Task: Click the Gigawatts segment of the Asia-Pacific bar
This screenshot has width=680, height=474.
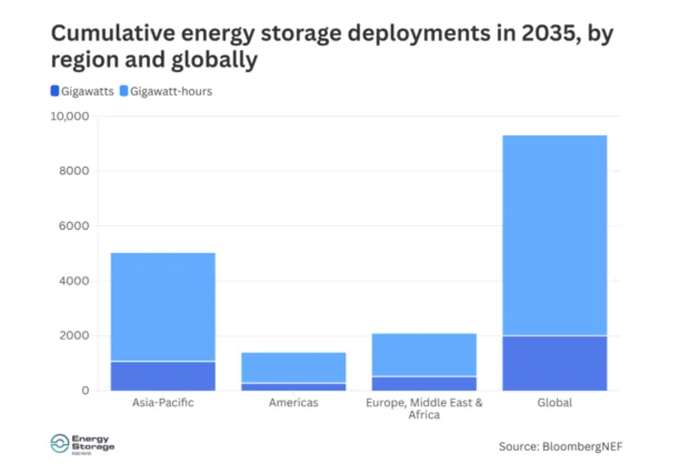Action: [x=163, y=375]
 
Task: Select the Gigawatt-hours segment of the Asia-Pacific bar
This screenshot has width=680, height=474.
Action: [x=163, y=307]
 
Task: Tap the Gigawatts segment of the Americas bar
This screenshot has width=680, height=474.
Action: [x=293, y=387]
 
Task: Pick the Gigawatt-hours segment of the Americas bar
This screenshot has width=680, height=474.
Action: [x=293, y=367]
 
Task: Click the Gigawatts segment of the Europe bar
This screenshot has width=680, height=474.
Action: [x=424, y=383]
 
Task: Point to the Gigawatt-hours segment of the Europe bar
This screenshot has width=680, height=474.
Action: [x=424, y=355]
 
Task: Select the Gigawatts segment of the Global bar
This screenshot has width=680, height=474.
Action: [x=555, y=363]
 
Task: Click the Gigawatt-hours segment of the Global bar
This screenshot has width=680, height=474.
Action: [x=555, y=236]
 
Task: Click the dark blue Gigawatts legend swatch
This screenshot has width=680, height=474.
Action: [x=54, y=91]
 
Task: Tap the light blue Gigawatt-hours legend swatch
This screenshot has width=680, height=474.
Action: [x=124, y=91]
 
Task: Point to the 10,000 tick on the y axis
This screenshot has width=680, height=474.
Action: [x=69, y=116]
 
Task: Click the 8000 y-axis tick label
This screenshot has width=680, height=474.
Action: [x=75, y=171]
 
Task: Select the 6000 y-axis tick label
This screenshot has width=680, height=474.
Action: [x=75, y=226]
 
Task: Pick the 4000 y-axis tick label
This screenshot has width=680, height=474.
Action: [x=75, y=281]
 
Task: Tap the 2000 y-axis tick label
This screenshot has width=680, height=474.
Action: [x=75, y=336]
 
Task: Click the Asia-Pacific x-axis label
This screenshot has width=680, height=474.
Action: [x=163, y=403]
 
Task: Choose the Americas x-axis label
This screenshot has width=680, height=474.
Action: [x=293, y=403]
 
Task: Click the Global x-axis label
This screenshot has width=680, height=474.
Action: [x=555, y=403]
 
